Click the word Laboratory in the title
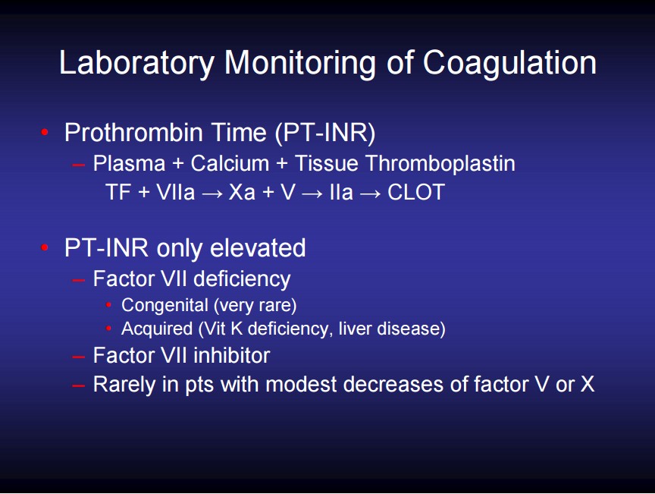(136, 64)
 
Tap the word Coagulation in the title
(509, 63)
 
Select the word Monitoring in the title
(300, 64)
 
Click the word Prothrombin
(134, 133)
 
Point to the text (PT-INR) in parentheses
(325, 134)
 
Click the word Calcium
(230, 163)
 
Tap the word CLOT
(416, 193)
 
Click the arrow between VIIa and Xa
(212, 194)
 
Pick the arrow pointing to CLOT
(370, 194)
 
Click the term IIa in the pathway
(341, 193)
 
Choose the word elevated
(258, 247)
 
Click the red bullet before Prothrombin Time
(45, 133)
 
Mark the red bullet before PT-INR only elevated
(45, 247)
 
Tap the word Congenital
(165, 306)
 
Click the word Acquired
(157, 329)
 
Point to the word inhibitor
(232, 356)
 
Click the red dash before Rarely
(79, 385)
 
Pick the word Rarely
(124, 385)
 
